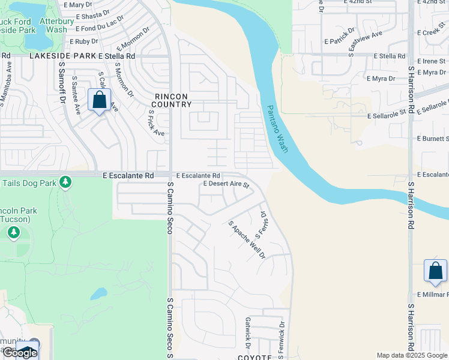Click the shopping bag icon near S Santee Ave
point(100,100)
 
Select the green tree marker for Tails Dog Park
point(65,181)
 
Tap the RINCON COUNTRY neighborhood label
point(172,100)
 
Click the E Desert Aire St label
point(226,184)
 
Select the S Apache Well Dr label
point(247,239)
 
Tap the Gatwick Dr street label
point(247,333)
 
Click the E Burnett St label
point(433,139)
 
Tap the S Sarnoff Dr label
point(61,85)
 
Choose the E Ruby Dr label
point(83,41)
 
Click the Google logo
point(20,353)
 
